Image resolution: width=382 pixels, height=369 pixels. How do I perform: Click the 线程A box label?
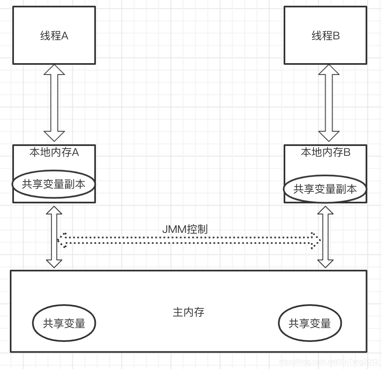(x=54, y=36)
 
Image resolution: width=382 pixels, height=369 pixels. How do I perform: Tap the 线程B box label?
(x=326, y=36)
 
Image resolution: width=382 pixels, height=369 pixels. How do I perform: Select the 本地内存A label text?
(x=54, y=153)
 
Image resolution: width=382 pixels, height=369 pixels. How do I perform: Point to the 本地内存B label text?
(x=326, y=153)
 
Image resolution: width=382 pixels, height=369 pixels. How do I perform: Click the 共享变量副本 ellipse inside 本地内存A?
(x=54, y=184)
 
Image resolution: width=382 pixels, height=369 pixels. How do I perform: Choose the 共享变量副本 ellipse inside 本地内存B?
(x=325, y=189)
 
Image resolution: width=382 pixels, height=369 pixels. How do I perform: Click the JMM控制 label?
(x=185, y=229)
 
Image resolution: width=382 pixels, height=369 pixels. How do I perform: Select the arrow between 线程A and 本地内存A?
(x=54, y=102)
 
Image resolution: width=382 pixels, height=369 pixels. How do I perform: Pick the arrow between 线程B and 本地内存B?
(x=329, y=102)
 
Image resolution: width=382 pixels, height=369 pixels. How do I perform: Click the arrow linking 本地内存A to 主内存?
(x=54, y=237)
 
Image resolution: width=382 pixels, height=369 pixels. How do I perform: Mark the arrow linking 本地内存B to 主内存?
(x=325, y=237)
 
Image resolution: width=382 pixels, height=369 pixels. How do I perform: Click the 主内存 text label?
(x=189, y=312)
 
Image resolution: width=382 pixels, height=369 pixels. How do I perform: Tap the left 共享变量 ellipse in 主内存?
(x=64, y=323)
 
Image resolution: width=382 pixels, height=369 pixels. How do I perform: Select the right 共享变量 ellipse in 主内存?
(x=309, y=323)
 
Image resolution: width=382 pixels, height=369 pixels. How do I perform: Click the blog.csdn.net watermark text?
(x=328, y=362)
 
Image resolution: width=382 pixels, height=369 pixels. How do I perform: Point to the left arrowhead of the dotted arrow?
(x=62, y=240)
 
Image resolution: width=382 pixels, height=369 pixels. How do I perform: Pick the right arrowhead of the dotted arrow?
(x=316, y=240)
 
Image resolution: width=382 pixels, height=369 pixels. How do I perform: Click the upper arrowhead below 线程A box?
(x=54, y=69)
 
